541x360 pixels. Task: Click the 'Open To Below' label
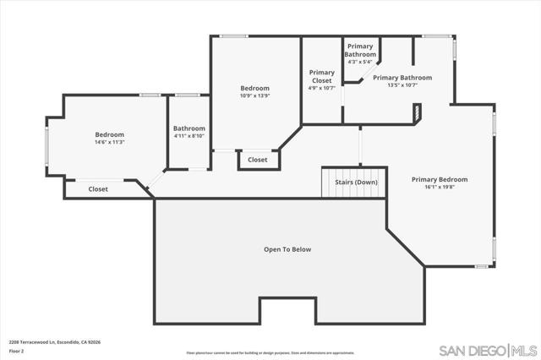click(287, 249)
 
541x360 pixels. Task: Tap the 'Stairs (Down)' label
click(355, 182)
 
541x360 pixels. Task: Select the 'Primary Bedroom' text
click(440, 179)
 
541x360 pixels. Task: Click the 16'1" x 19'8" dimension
click(440, 188)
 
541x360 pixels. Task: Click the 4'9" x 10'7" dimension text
click(321, 88)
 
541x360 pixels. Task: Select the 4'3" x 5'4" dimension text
click(360, 62)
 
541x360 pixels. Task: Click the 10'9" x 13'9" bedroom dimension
click(254, 95)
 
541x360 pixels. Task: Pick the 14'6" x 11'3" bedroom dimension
click(109, 142)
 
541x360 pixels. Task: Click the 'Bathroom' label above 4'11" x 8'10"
click(189, 128)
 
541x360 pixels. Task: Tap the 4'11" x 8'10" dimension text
click(189, 136)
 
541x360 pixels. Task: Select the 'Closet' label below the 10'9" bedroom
click(258, 160)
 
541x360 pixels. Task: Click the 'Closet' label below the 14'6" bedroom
click(98, 189)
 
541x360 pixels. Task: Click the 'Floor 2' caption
click(17, 350)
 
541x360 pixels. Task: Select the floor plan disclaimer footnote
click(270, 352)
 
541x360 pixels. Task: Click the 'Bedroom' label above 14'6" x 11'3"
click(109, 134)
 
